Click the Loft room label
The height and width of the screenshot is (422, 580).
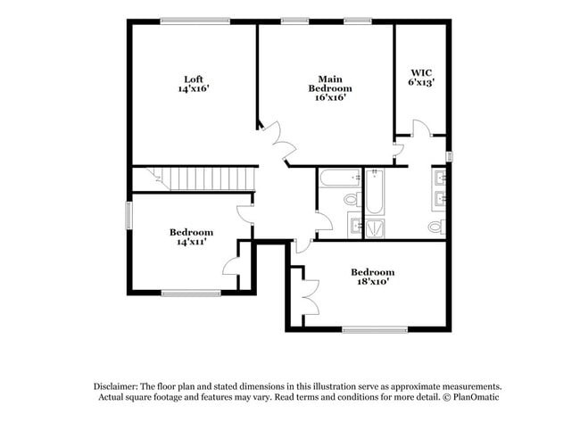(193, 79)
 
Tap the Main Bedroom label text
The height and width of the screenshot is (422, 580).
(329, 83)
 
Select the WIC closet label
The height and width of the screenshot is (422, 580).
(420, 72)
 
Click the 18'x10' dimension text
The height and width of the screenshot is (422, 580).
(372, 282)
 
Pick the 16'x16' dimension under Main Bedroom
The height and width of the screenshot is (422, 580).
(329, 98)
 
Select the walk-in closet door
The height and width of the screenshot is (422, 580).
(420, 131)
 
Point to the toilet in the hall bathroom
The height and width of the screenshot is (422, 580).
(351, 199)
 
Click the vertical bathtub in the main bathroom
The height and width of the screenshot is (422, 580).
(375, 191)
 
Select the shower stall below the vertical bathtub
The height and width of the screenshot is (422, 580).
(375, 228)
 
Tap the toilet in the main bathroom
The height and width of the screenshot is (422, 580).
(435, 227)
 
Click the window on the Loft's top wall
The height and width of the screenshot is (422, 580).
(195, 21)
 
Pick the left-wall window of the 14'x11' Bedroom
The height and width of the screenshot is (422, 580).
(129, 215)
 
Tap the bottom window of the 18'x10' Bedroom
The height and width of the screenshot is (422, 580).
(368, 330)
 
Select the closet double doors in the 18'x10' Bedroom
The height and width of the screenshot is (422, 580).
(309, 294)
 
